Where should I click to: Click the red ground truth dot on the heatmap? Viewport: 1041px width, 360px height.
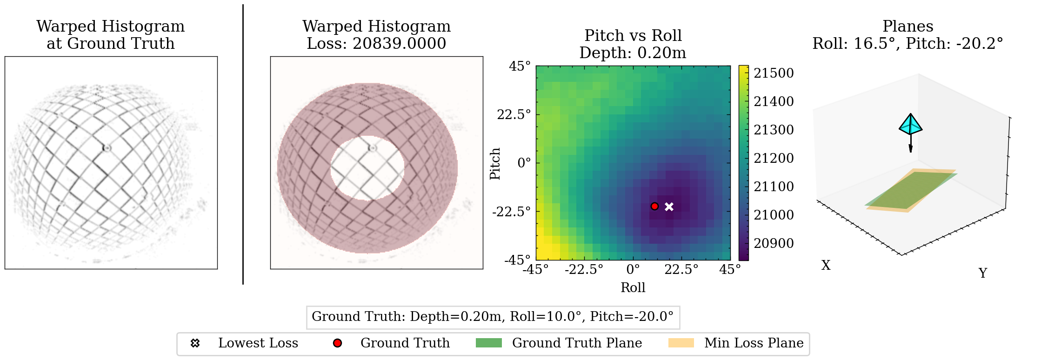(654, 206)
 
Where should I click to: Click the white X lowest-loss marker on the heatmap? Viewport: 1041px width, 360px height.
(669, 207)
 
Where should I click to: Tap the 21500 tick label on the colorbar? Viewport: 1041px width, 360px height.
(774, 73)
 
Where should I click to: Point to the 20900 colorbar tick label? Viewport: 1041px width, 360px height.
(774, 243)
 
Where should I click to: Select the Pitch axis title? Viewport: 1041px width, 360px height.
(495, 163)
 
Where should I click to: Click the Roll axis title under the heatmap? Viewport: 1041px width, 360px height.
(633, 287)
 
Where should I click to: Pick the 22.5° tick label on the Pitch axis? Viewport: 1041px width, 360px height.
(514, 114)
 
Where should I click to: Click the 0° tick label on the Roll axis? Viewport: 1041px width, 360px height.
(633, 269)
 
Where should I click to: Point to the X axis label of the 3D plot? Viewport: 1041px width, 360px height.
(826, 265)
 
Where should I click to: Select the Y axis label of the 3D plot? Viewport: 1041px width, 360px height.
(982, 273)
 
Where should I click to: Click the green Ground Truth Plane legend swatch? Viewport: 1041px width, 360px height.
(488, 343)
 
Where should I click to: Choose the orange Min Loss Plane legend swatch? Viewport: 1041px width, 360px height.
(681, 343)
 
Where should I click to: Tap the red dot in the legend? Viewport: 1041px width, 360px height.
(337, 343)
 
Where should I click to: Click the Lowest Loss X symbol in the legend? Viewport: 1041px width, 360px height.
(195, 343)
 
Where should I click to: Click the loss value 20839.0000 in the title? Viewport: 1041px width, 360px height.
(399, 43)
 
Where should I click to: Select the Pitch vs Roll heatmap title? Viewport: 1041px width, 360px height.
(633, 36)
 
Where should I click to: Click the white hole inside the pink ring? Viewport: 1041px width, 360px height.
(367, 168)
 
